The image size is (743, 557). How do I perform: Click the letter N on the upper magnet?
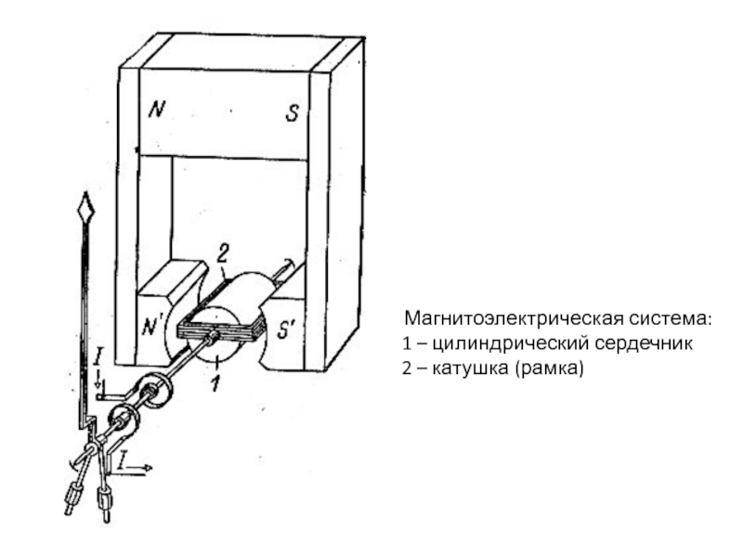pos(156,110)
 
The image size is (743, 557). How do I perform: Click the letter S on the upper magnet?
pos(292,112)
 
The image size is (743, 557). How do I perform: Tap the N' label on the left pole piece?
pos(152,327)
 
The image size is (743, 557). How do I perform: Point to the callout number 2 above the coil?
pos(223,253)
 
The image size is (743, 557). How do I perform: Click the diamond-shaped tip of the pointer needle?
pos(85,207)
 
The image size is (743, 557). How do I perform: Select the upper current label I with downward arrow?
pos(98,365)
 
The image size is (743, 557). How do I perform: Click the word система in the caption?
pos(671,318)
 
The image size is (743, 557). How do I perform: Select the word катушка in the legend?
pos(470,368)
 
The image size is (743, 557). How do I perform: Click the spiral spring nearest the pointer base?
pos(124,421)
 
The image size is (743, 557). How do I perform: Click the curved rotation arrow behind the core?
pos(288,263)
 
